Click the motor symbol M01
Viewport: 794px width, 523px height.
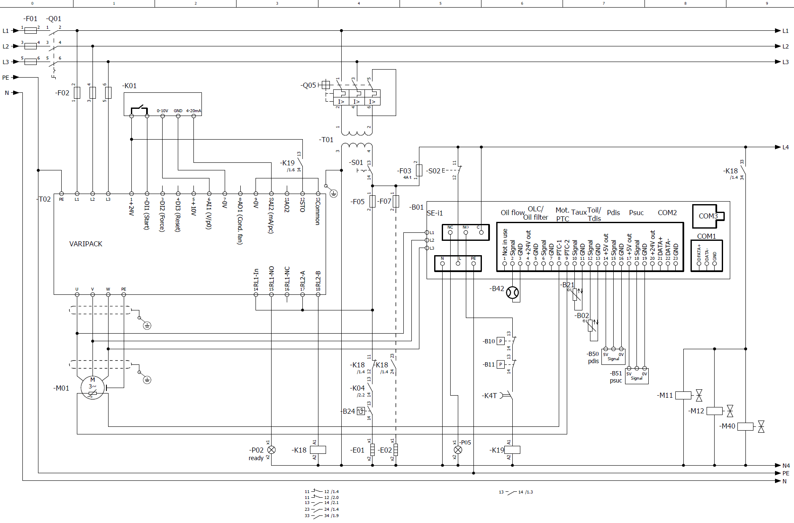tap(92, 388)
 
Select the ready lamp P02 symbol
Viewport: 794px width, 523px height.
tap(272, 450)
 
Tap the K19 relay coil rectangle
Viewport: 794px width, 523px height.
tap(512, 450)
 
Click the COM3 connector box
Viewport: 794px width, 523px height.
tap(708, 216)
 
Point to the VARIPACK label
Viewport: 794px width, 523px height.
tap(86, 244)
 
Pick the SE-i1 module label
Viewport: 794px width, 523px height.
tap(435, 213)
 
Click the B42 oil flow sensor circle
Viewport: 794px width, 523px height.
tap(512, 292)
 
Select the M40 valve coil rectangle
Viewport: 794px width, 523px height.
tap(745, 426)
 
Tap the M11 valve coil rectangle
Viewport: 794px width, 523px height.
tap(683, 396)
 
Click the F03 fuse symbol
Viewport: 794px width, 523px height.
tap(419, 170)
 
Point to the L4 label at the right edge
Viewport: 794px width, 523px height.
tap(786, 147)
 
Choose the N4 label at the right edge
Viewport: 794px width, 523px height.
tap(786, 466)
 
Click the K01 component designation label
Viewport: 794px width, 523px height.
tap(130, 86)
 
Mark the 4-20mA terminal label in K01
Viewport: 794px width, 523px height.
tap(193, 111)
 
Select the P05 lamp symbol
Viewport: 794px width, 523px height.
tap(458, 450)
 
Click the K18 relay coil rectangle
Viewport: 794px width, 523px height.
tap(318, 450)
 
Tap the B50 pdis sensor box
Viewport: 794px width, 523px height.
tap(613, 357)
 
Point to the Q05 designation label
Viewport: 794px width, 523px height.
tap(309, 85)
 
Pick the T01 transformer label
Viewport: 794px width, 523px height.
tap(326, 140)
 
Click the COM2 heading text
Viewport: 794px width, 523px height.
tap(667, 213)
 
